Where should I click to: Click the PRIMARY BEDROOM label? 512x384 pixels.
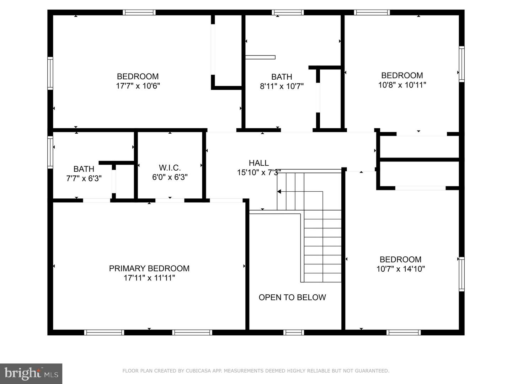(149, 268)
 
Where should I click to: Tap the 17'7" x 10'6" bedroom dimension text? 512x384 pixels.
(138, 86)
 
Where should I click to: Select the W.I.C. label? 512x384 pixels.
(170, 168)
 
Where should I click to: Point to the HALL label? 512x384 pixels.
(258, 163)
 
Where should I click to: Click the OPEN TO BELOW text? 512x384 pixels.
(292, 297)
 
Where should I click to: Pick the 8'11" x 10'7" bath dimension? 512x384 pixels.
(282, 86)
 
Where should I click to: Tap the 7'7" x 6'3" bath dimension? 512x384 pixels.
(84, 178)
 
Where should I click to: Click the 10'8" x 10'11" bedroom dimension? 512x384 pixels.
(402, 85)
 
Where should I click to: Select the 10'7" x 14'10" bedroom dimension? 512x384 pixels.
(400, 269)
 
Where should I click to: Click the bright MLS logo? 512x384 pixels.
(31, 373)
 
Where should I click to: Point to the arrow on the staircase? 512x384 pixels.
(279, 192)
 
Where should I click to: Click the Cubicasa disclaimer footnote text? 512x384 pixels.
(256, 371)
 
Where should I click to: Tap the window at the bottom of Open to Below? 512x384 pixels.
(294, 332)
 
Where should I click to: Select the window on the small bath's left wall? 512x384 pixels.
(50, 152)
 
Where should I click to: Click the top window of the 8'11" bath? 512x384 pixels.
(288, 12)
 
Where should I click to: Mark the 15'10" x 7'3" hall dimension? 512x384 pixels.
(259, 172)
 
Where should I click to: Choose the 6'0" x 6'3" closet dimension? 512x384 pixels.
(170, 177)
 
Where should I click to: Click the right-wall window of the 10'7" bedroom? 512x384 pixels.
(461, 274)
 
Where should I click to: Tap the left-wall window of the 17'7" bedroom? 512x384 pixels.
(50, 73)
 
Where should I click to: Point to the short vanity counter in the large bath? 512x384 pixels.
(260, 57)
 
